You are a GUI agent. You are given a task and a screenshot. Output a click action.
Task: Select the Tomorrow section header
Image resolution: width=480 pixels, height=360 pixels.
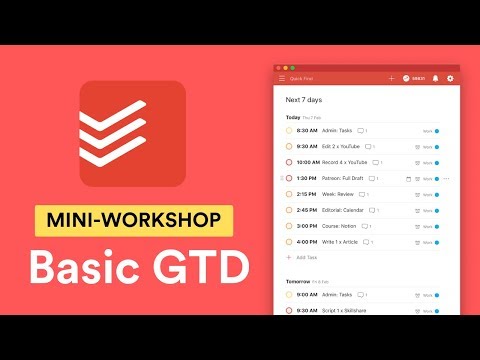[298, 281]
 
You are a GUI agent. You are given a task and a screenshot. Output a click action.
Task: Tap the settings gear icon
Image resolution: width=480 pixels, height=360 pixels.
[450, 78]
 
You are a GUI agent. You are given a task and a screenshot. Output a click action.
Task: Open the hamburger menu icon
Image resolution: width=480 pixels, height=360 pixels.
[282, 78]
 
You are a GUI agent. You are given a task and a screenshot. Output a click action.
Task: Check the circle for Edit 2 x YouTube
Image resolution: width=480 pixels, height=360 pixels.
[288, 146]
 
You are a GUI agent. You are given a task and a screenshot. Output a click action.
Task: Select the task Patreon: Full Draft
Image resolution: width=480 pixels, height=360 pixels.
[343, 178]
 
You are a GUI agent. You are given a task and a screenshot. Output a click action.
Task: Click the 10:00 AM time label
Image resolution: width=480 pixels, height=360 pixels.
[307, 162]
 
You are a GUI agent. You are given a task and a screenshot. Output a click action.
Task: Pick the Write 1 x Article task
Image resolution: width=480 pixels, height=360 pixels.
[341, 242]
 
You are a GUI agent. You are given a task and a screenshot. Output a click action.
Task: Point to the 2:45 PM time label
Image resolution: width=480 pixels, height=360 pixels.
[306, 210]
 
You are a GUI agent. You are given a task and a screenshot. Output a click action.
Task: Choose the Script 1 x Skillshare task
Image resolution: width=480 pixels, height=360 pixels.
[344, 310]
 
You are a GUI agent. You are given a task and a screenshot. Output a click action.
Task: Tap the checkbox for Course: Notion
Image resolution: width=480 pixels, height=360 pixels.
[288, 226]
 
